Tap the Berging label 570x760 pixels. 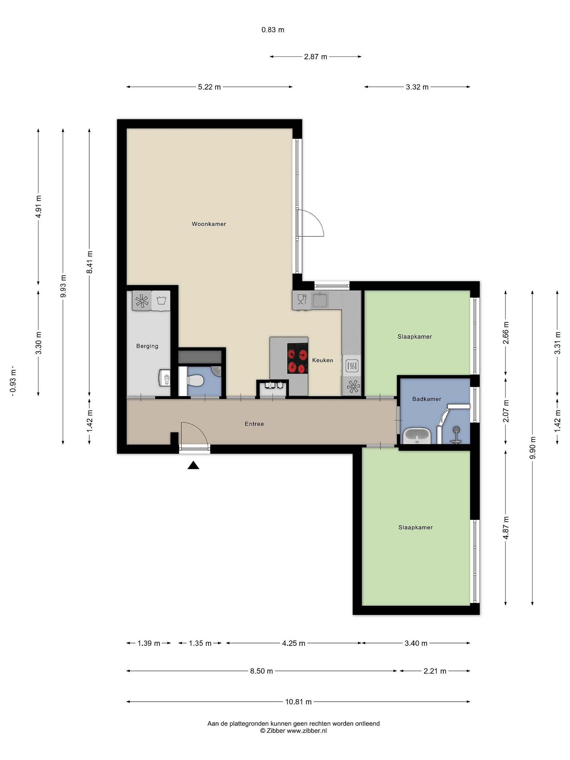click(147, 346)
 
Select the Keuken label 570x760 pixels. click(323, 360)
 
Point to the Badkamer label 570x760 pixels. click(426, 399)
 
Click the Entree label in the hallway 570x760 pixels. click(254, 424)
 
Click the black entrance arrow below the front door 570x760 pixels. click(193, 465)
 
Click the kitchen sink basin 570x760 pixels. click(320, 300)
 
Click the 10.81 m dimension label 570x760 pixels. click(298, 702)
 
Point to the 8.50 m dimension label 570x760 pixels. click(262, 671)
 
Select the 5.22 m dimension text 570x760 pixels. click(209, 87)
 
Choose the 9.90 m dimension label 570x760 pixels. click(533, 447)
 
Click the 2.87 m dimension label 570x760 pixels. click(315, 57)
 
